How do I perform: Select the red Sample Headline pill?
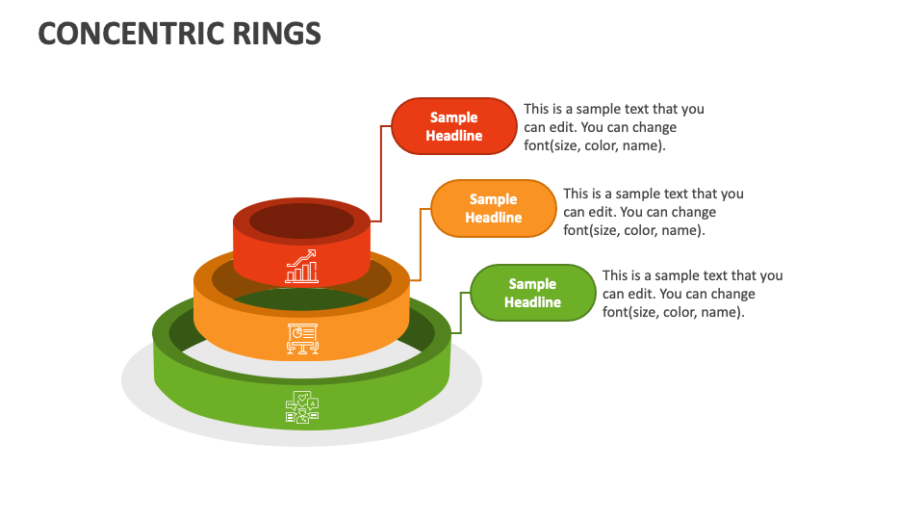(x=454, y=126)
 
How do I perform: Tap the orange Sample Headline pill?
(x=494, y=208)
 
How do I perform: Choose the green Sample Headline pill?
(x=532, y=293)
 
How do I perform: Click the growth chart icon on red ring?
(x=301, y=267)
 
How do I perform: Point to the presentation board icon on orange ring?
(x=302, y=337)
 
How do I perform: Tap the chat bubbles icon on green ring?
(x=302, y=407)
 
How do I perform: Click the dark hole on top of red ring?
(x=301, y=221)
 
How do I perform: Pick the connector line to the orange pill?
(x=421, y=246)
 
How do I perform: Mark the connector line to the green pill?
(x=461, y=313)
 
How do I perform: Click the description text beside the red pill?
(x=613, y=127)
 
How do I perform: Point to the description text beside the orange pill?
(x=653, y=212)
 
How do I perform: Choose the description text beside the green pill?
(x=692, y=294)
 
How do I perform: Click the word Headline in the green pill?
(x=532, y=302)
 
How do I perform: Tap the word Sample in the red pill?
(x=454, y=117)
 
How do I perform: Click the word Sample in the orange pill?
(x=494, y=199)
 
